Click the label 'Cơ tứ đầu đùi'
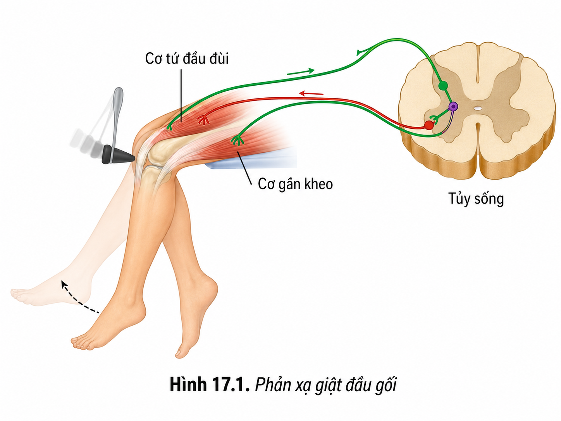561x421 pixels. click(x=187, y=59)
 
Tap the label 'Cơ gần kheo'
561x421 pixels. click(x=295, y=184)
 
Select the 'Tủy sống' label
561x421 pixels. click(x=476, y=199)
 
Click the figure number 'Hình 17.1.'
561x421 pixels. click(x=210, y=385)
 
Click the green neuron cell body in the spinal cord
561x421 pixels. click(x=443, y=86)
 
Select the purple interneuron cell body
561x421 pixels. click(x=453, y=106)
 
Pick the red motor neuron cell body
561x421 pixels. click(x=429, y=125)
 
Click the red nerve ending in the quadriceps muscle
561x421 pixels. click(x=203, y=119)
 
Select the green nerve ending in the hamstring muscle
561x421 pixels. click(x=237, y=140)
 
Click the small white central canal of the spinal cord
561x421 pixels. click(x=477, y=108)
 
